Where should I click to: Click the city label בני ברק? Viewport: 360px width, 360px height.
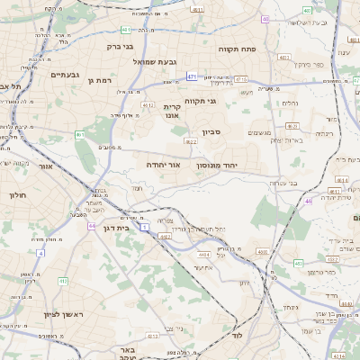click(x=120, y=45)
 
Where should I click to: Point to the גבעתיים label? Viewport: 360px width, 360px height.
click(x=67, y=75)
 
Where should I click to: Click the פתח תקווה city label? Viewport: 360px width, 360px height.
click(x=262, y=49)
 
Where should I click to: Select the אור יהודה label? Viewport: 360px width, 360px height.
click(x=163, y=165)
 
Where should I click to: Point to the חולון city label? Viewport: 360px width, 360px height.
click(x=18, y=194)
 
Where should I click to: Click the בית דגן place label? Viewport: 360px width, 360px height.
click(x=112, y=229)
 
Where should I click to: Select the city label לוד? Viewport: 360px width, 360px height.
click(x=238, y=335)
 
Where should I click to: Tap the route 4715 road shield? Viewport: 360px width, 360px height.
click(x=240, y=79)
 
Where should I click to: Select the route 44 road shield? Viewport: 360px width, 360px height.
click(x=92, y=225)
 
